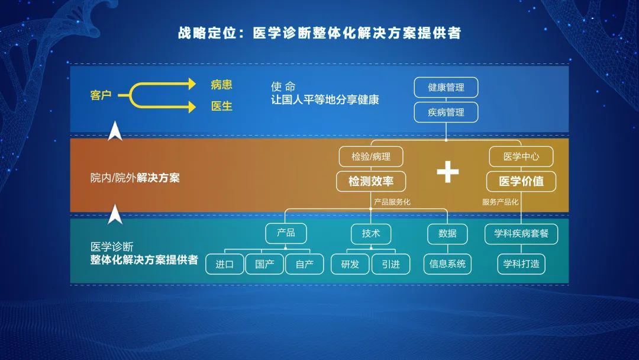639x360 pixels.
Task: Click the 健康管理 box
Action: (x=446, y=87)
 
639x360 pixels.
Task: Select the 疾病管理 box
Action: (x=446, y=112)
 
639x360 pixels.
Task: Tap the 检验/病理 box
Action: (x=371, y=156)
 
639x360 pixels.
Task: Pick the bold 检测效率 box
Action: (x=371, y=181)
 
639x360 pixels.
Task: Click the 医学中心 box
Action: (x=521, y=156)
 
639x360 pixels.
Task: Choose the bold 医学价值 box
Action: (x=521, y=181)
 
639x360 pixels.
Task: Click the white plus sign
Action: (x=447, y=172)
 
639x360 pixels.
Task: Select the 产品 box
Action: (x=286, y=233)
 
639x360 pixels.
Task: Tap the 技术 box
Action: (x=371, y=233)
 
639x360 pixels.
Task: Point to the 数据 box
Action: (x=447, y=233)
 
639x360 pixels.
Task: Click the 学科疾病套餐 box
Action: (x=521, y=234)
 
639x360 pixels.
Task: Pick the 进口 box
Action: (x=225, y=264)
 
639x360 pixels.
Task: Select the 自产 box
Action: (x=305, y=264)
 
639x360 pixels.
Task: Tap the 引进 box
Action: (x=391, y=264)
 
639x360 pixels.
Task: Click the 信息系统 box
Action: (x=447, y=264)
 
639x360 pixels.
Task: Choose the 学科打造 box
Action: (x=521, y=264)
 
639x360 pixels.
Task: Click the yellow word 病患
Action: (x=221, y=85)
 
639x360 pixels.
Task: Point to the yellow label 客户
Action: (x=101, y=95)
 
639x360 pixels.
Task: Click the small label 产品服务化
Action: (x=392, y=202)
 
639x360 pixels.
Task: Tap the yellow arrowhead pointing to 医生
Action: (x=192, y=107)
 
